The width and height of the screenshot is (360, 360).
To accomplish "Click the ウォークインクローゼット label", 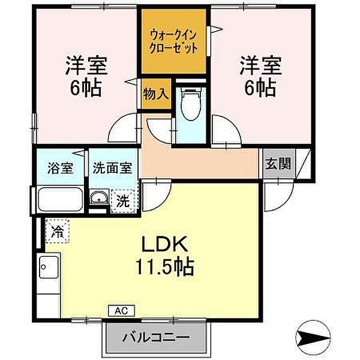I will [x=174, y=40].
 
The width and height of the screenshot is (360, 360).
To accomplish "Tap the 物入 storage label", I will [x=155, y=95].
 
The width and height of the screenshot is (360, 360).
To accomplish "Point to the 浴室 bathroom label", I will [x=61, y=168].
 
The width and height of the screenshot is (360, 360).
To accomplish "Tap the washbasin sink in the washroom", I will [x=100, y=199].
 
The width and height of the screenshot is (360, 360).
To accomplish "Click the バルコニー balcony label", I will [x=158, y=337].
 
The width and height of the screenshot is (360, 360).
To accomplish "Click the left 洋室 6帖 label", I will [x=83, y=77].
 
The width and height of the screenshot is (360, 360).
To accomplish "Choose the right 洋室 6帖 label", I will [x=259, y=77].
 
